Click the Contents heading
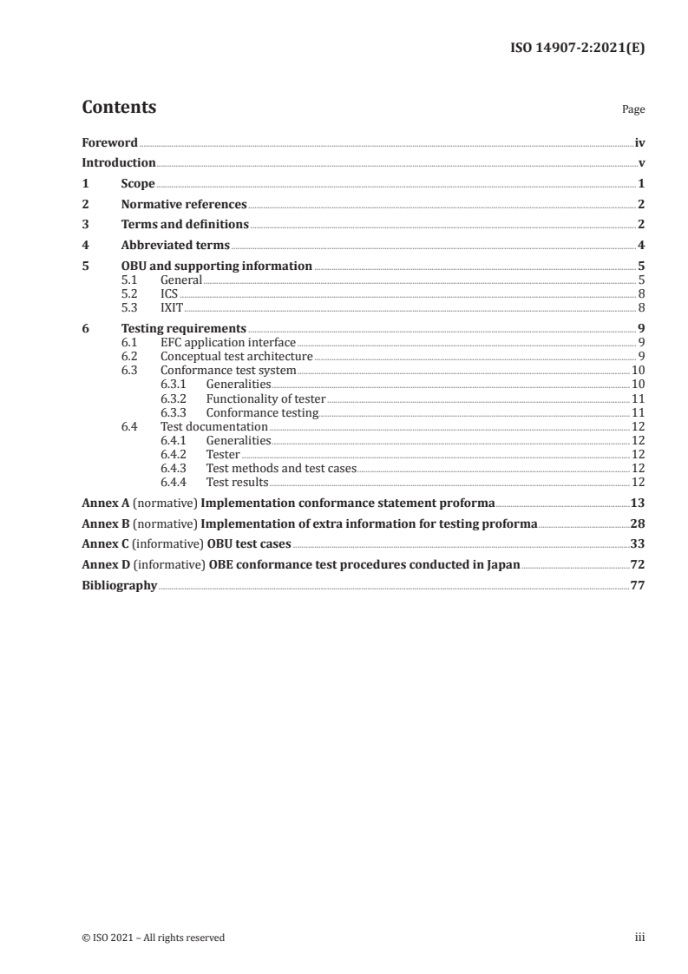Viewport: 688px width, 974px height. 119,108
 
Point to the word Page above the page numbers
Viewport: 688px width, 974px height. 633,110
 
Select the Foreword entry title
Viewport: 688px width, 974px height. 109,142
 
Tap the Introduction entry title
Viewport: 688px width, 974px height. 119,162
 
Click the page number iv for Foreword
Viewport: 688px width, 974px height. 639,142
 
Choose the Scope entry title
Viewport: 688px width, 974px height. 138,183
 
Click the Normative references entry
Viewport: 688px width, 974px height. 184,204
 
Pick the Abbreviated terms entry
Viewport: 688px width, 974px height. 175,245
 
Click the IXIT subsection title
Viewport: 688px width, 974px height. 172,307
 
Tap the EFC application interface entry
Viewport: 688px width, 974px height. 228,343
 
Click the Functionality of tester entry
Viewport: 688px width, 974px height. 265,398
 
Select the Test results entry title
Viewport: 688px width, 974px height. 237,482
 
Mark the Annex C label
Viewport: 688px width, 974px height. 105,544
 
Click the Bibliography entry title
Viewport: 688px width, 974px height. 119,586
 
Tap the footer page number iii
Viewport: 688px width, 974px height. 639,938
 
